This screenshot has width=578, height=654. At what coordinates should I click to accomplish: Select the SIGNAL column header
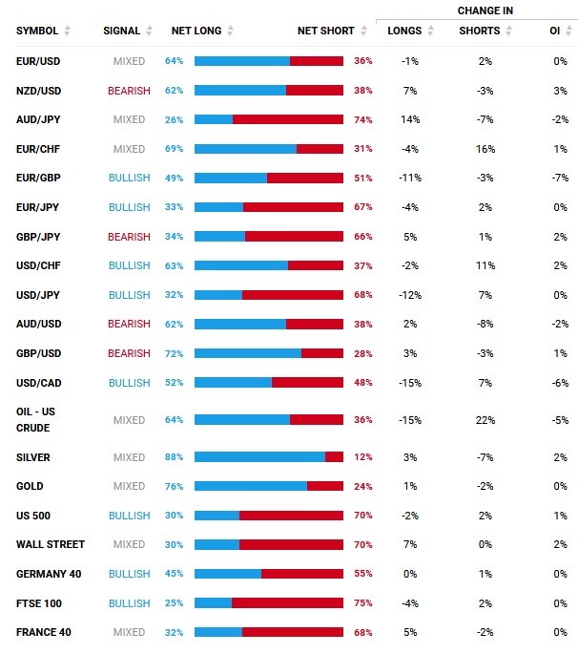(x=121, y=31)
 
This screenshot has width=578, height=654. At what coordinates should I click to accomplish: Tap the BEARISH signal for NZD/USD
(x=129, y=91)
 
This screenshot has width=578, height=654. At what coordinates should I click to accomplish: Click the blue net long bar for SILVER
(x=259, y=457)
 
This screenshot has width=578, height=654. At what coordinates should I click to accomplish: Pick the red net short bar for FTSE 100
(x=287, y=603)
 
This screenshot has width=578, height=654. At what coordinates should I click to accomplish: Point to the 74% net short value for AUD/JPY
(x=362, y=120)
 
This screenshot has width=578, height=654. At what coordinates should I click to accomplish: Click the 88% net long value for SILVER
(x=174, y=457)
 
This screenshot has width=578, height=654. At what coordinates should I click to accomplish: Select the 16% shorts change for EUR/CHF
(x=485, y=149)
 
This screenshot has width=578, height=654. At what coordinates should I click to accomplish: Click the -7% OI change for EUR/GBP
(x=560, y=179)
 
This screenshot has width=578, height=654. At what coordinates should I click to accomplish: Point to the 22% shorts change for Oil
(x=485, y=420)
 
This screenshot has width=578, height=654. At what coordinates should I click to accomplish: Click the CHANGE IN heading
(x=485, y=11)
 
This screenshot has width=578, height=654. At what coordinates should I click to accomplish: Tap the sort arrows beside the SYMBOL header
(x=67, y=31)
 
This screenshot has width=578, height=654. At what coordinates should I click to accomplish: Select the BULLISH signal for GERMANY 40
(x=129, y=574)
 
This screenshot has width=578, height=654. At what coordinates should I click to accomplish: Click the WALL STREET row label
(x=51, y=544)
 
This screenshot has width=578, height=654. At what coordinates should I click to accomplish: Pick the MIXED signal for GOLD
(x=129, y=486)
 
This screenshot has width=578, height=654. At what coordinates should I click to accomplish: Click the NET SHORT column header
(x=325, y=31)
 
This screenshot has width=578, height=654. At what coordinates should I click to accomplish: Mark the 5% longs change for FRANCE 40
(x=410, y=632)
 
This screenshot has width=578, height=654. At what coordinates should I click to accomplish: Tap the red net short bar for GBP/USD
(x=321, y=353)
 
